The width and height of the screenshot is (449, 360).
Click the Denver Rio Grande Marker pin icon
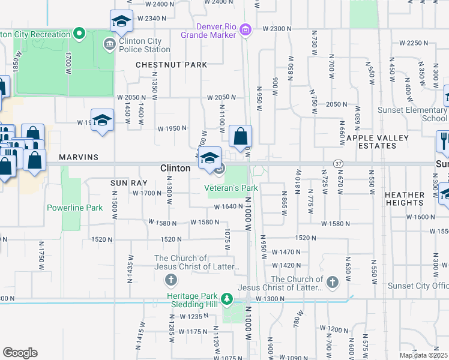(244, 29)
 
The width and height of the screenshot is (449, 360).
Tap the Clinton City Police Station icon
(109, 43)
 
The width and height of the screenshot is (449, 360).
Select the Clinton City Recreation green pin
(79, 34)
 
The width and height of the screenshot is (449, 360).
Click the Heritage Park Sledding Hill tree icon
(227, 298)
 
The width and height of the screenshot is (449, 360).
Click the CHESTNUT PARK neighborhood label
(171, 64)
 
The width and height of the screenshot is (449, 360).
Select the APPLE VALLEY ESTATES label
(377, 142)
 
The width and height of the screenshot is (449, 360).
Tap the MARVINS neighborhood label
(79, 157)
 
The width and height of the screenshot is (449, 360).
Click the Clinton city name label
(175, 169)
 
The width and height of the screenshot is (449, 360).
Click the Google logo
(20, 353)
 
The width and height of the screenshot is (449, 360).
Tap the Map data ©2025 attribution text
(423, 355)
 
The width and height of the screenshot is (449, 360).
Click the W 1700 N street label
(146, 193)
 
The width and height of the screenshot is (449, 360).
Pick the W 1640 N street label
(228, 206)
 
